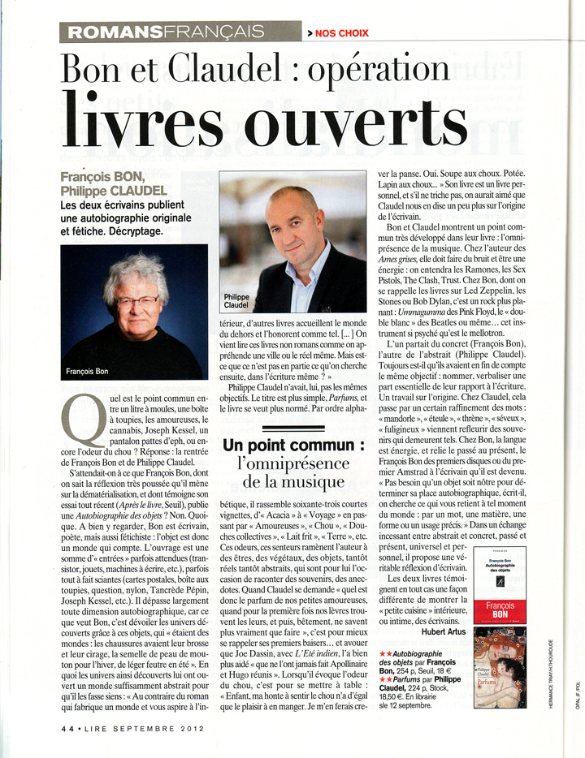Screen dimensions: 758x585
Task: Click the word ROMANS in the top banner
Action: click(113, 32)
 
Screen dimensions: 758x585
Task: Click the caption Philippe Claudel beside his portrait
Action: click(236, 303)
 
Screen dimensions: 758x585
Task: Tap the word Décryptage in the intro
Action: click(126, 230)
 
